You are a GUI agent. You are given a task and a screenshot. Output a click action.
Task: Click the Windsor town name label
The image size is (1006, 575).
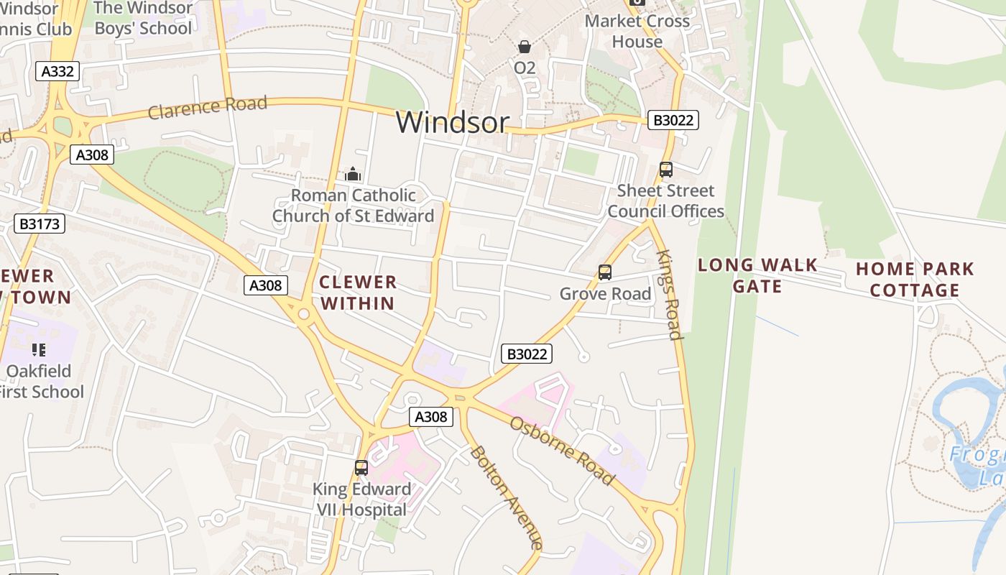pyautogui.click(x=452, y=122)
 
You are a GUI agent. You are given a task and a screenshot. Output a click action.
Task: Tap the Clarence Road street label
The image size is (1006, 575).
pyautogui.click(x=208, y=107)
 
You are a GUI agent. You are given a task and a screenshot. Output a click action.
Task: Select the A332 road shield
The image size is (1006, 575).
pyautogui.click(x=57, y=71)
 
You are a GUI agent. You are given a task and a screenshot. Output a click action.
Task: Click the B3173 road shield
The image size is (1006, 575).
pyautogui.click(x=40, y=224)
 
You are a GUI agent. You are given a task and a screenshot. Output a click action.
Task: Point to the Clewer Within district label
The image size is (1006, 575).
pyautogui.click(x=358, y=293)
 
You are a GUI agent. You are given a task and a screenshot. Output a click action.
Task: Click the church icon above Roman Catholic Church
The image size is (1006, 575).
pyautogui.click(x=352, y=174)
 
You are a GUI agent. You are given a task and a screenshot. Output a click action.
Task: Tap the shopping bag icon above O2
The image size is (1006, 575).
pyautogui.click(x=525, y=47)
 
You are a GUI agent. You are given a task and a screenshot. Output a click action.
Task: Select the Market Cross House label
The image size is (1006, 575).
pyautogui.click(x=637, y=31)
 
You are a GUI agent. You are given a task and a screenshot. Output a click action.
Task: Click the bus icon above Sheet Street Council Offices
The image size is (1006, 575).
pyautogui.click(x=666, y=170)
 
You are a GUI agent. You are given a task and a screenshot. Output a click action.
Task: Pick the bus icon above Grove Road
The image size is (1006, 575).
pyautogui.click(x=605, y=272)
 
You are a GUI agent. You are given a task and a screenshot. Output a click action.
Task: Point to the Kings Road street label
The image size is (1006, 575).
pyautogui.click(x=669, y=295)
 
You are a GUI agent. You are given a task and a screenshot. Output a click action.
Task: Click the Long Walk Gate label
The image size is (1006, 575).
pyautogui.click(x=757, y=275)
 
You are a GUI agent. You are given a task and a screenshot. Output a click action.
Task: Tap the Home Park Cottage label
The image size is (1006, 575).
pyautogui.click(x=915, y=280)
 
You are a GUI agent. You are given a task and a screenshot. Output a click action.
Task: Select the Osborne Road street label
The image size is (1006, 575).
pyautogui.click(x=563, y=450)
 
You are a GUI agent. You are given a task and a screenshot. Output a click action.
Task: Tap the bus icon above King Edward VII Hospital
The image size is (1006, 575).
pyautogui.click(x=361, y=468)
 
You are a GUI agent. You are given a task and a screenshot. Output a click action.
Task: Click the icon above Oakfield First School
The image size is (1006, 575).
pyautogui.click(x=39, y=350)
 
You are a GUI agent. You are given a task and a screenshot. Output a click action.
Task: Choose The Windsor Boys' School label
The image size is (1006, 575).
pyautogui.click(x=143, y=18)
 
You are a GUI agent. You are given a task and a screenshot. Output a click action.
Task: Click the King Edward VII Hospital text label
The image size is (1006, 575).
pyautogui.click(x=361, y=500)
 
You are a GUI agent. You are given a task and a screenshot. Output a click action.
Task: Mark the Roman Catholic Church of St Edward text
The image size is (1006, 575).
pyautogui.click(x=353, y=206)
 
